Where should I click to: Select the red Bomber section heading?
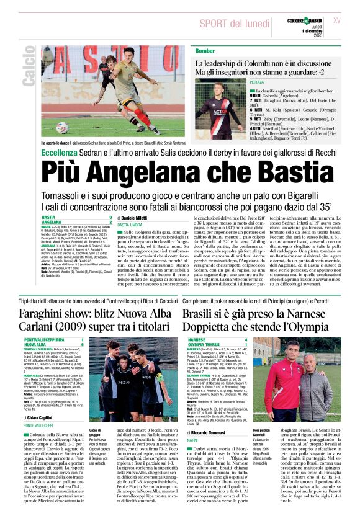(x=205, y=50)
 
